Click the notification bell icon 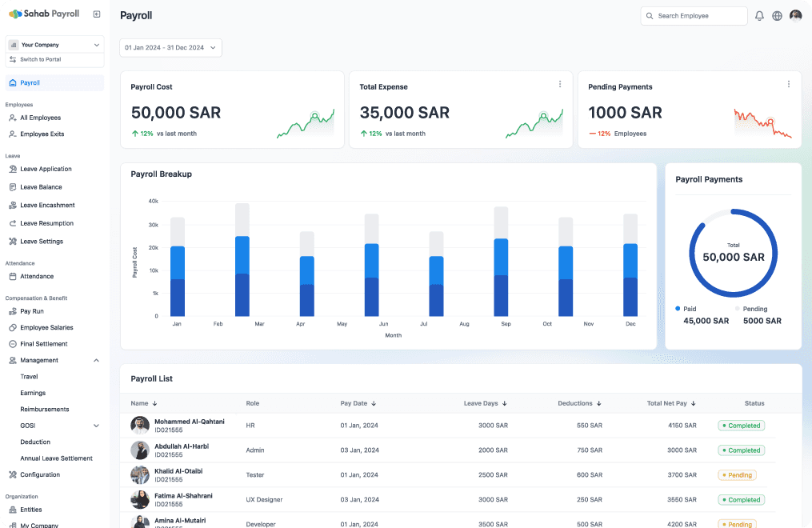[x=759, y=16]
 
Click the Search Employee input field [x=694, y=16]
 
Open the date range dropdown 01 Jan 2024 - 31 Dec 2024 [x=171, y=48]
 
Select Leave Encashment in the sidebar [x=47, y=206]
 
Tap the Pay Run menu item [x=31, y=312]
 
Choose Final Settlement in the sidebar [x=43, y=344]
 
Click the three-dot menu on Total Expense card [x=560, y=84]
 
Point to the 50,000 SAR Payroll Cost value [x=176, y=113]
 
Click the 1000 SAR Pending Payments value [x=625, y=113]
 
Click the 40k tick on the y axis [x=154, y=202]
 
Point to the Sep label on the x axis [x=506, y=324]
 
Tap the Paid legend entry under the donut [x=686, y=309]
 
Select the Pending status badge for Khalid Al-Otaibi [x=737, y=475]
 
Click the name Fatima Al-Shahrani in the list [x=183, y=496]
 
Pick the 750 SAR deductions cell [x=590, y=450]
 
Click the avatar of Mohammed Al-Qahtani [x=140, y=426]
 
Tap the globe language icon [x=777, y=16]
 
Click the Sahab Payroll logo [x=44, y=14]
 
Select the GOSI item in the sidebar [x=28, y=426]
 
